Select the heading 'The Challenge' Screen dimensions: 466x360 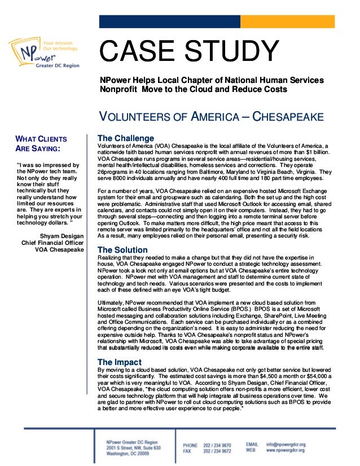tap(125, 138)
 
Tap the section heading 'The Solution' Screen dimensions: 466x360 tap(122, 250)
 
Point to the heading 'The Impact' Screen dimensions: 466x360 tap(120, 362)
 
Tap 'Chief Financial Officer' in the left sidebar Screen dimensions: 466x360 tap(52, 243)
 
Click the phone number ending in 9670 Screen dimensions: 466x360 tap(217, 445)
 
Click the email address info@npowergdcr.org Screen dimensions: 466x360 tap(286, 445)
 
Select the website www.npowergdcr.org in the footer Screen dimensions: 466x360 tap(286, 451)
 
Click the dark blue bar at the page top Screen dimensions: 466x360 tap(169, 21)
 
